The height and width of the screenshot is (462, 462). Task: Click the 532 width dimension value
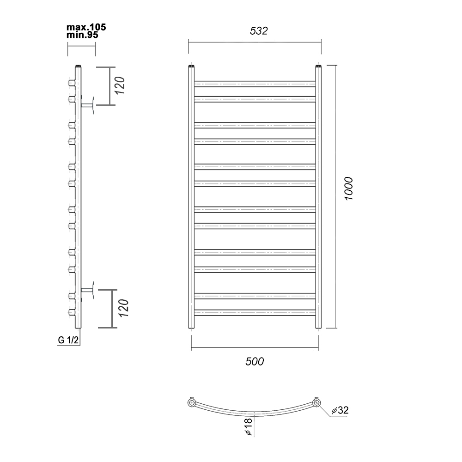coord(259,30)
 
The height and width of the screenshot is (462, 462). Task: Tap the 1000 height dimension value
coord(348,188)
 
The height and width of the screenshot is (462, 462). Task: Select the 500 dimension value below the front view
coord(255,361)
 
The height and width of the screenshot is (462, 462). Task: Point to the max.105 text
coord(86,27)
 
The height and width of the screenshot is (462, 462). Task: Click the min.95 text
coord(82,35)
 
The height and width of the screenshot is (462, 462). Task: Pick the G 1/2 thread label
coord(68,340)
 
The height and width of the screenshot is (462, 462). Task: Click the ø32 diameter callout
coord(340,410)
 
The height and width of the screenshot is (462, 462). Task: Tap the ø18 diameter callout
coord(248,426)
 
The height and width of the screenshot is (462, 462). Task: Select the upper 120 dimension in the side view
coord(120,85)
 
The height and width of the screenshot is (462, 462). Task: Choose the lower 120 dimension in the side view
coord(124,308)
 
